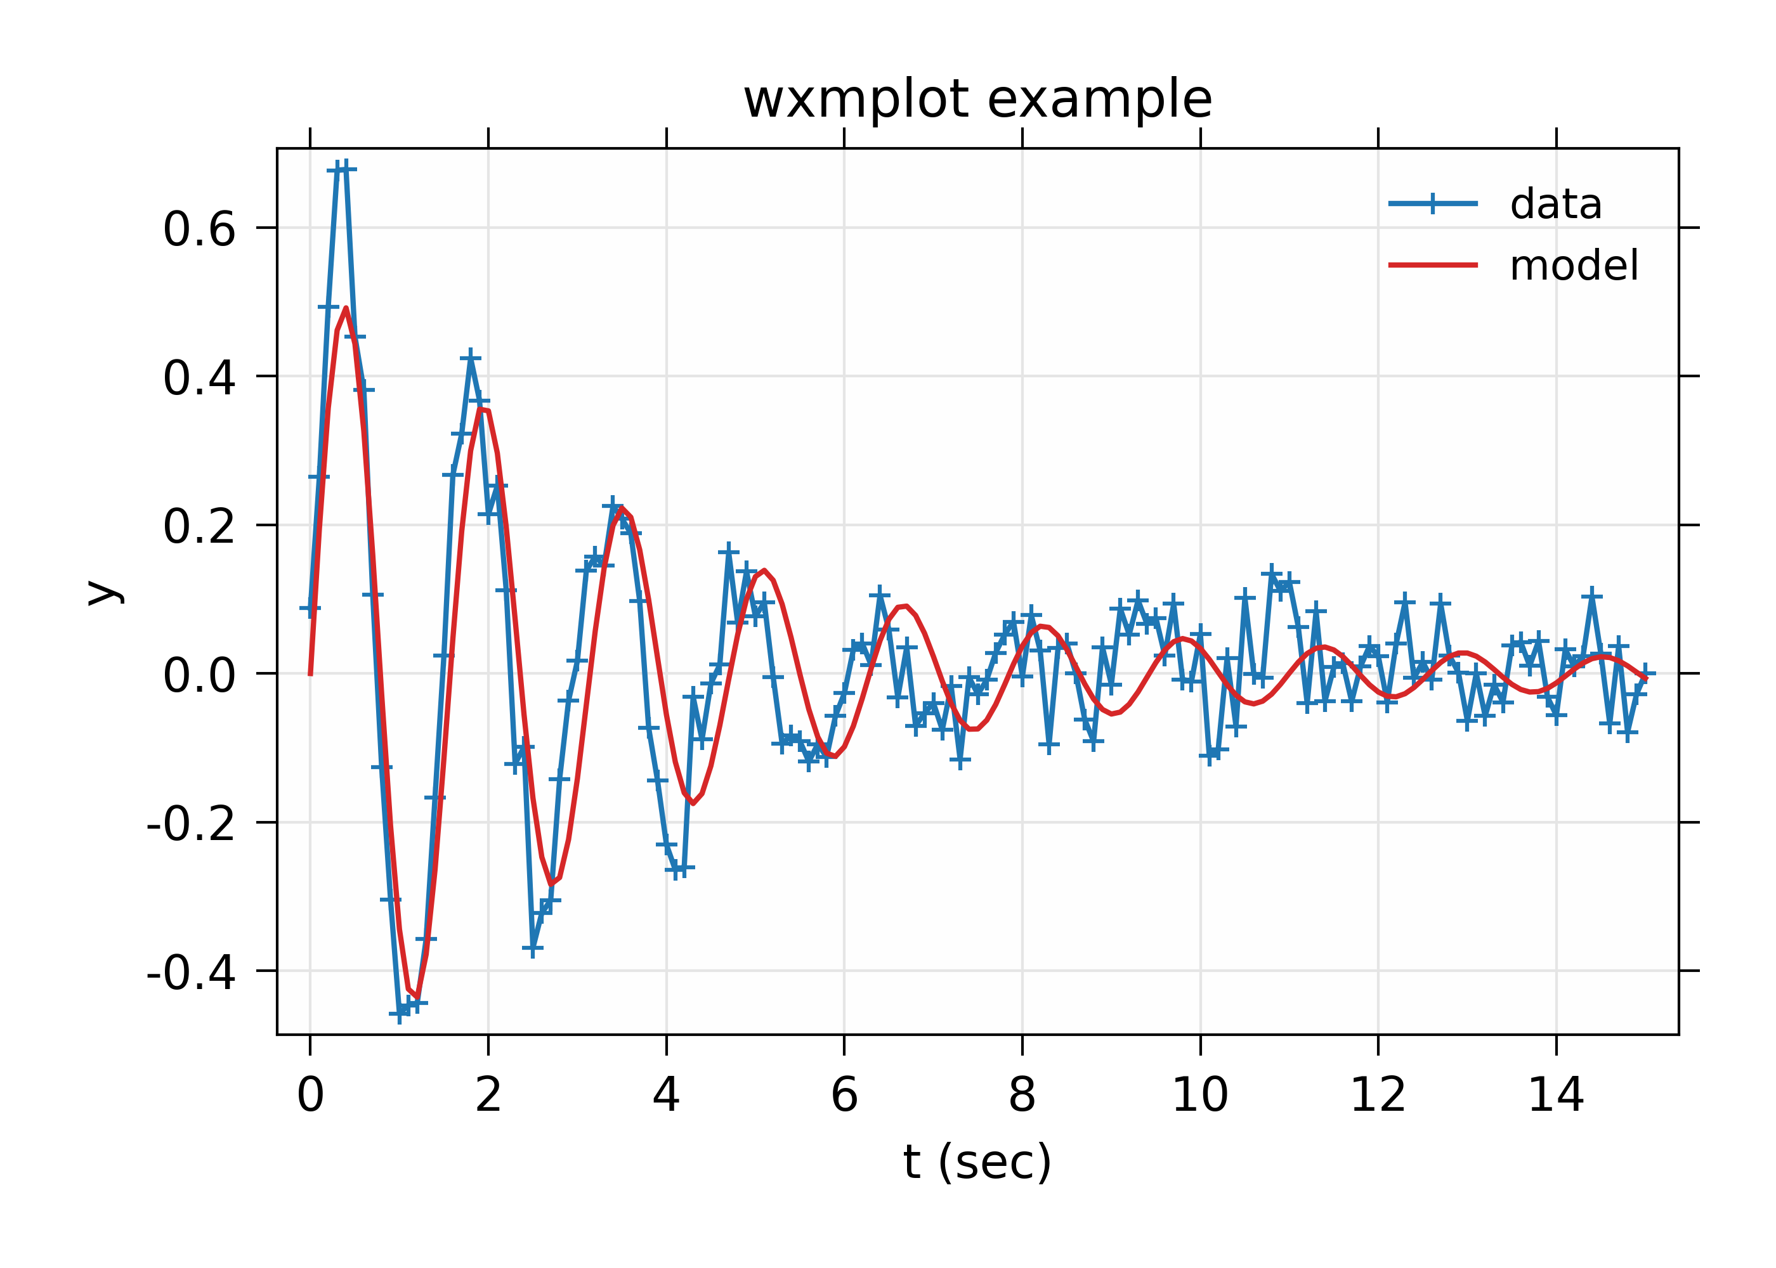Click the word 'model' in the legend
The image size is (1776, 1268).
(1574, 266)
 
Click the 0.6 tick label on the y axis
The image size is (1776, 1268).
(199, 230)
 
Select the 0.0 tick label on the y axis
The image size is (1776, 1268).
(199, 675)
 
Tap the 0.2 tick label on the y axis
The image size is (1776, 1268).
(199, 526)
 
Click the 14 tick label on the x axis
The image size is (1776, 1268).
(1556, 1095)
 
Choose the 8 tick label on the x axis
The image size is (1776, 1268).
(1022, 1095)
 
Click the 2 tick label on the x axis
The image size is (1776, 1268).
(488, 1095)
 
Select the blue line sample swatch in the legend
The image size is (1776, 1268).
(1433, 204)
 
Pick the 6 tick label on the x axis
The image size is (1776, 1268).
(844, 1095)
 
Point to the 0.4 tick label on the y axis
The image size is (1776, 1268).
(199, 378)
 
